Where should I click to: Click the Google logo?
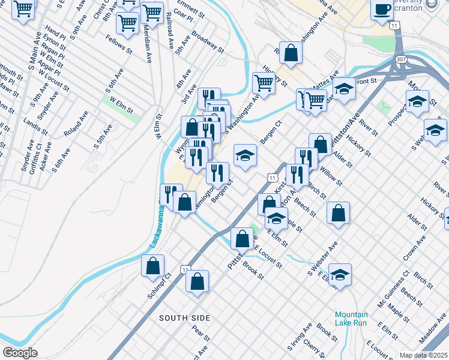20,353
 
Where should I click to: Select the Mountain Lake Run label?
351,319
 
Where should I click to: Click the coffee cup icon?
382,10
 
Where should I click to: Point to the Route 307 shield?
401,60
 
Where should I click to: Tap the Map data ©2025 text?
423,355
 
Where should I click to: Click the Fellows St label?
118,44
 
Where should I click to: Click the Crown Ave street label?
414,247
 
